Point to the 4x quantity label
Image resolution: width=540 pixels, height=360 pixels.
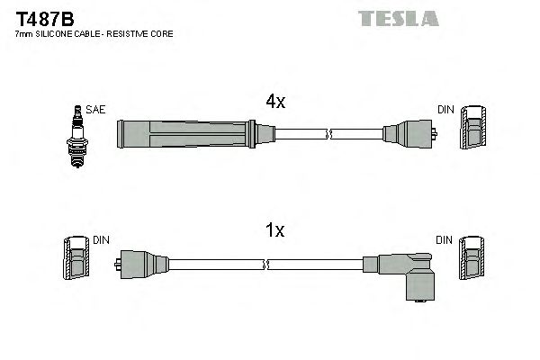(x=274, y=103)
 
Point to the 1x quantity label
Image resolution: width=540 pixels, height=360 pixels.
(x=274, y=231)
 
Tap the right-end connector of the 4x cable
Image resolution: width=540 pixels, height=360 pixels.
(x=409, y=134)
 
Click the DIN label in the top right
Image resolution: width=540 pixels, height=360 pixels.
(x=445, y=110)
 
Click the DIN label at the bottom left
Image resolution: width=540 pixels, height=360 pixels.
(x=101, y=240)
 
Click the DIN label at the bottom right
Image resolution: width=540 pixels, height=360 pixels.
(x=445, y=240)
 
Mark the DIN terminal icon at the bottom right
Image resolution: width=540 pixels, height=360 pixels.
(x=472, y=261)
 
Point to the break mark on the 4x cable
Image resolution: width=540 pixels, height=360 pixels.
(x=330, y=134)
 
